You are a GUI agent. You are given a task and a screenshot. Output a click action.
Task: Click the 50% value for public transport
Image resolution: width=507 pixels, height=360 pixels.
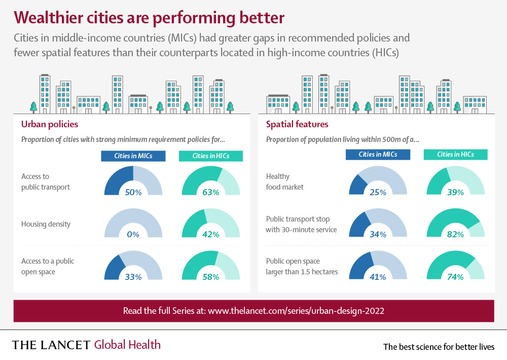pyautogui.click(x=133, y=192)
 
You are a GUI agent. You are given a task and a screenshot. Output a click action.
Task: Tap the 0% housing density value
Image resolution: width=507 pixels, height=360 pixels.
pyautogui.click(x=133, y=234)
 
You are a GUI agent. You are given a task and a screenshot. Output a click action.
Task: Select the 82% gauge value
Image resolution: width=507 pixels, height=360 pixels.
pyautogui.click(x=456, y=234)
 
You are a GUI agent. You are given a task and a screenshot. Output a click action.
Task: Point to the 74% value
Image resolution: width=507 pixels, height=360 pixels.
pyautogui.click(x=456, y=277)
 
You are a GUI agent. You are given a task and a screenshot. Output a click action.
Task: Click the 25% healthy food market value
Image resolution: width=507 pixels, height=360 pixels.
pyautogui.click(x=378, y=192)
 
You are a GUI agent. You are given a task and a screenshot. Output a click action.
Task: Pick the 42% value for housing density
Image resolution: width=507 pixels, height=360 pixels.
pyautogui.click(x=211, y=234)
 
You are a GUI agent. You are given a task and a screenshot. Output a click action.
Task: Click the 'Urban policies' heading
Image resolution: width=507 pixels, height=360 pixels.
pyautogui.click(x=50, y=124)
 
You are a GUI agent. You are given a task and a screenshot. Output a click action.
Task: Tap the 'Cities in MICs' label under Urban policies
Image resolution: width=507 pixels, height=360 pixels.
pyautogui.click(x=133, y=156)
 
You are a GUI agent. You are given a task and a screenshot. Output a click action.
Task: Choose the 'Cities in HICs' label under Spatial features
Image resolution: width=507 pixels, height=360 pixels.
pyautogui.click(x=456, y=155)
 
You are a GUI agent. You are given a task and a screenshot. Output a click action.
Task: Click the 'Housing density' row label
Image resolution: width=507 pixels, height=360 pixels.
pyautogui.click(x=46, y=224)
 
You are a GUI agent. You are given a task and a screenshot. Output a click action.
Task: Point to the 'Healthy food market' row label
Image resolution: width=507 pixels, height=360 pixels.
pyautogui.click(x=285, y=182)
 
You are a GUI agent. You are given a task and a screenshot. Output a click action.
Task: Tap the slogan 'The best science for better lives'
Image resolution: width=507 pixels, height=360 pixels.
pyautogui.click(x=439, y=347)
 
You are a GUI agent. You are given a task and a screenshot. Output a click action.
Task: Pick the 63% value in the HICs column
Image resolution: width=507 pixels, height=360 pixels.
pyautogui.click(x=211, y=192)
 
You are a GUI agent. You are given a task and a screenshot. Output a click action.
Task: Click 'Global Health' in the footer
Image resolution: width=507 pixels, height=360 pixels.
pyautogui.click(x=127, y=345)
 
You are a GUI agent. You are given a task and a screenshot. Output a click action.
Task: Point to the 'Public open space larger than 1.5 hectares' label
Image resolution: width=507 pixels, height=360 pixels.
pyautogui.click(x=302, y=267)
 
